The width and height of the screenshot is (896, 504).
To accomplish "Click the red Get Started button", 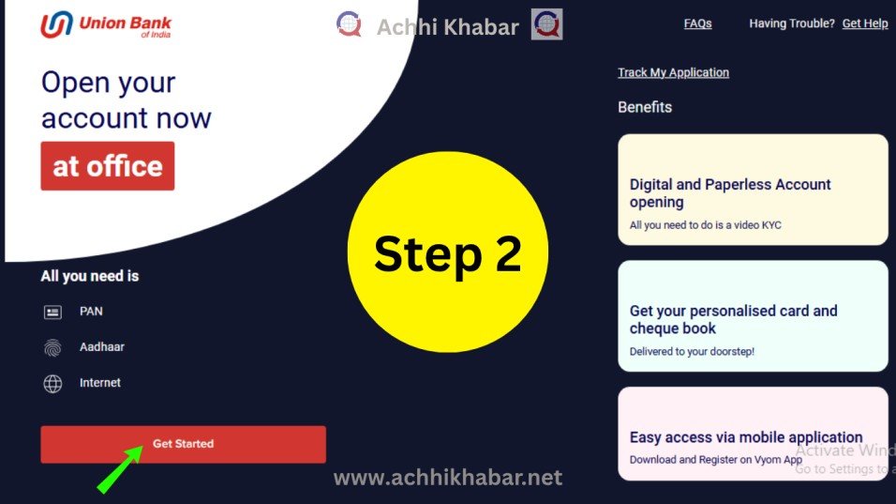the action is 183,444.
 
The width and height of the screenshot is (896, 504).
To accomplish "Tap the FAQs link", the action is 697,23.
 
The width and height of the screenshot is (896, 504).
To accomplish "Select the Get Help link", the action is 864,23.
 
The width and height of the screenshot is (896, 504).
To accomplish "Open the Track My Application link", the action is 673,72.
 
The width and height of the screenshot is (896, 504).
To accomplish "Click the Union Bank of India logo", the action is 106,25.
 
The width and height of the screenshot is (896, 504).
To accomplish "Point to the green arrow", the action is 120,469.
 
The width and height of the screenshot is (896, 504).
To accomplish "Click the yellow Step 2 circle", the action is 448,252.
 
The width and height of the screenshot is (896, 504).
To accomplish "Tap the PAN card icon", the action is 52,312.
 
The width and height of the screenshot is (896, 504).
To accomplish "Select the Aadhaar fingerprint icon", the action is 52,347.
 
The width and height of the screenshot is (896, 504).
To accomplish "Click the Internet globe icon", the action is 52,383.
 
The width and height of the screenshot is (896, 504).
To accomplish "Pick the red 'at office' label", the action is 108,166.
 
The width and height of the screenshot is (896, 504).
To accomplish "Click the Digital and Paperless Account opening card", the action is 753,190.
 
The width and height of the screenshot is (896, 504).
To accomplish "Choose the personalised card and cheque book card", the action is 753,316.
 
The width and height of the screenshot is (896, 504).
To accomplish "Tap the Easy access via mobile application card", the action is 753,434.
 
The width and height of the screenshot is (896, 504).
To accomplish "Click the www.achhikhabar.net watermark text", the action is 448,478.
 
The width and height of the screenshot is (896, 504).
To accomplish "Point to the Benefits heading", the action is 645,107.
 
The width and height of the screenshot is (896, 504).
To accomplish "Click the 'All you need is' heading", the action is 90,276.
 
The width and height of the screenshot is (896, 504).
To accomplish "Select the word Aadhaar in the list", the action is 102,346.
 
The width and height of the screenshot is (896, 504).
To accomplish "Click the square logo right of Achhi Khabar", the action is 546,24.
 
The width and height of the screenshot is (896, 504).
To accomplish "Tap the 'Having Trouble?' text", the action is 791,23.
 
